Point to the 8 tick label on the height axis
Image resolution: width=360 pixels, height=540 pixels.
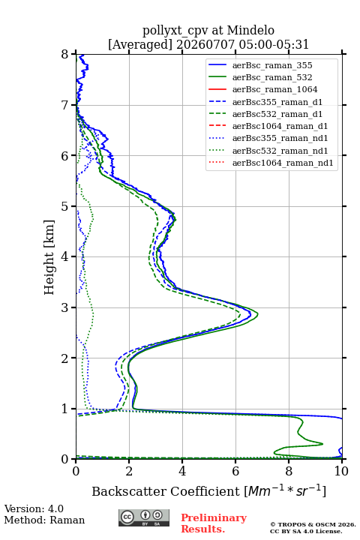[x=64, y=54]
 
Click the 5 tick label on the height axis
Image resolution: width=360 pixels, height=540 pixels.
[x=64, y=206]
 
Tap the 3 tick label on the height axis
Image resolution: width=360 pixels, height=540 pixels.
[x=64, y=307]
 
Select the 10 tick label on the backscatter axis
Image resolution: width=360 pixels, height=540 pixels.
[x=341, y=471]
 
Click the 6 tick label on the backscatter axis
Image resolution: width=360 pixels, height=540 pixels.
[x=235, y=471]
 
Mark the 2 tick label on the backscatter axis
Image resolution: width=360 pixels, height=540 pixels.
[x=129, y=471]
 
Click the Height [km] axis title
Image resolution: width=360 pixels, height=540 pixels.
[x=49, y=257]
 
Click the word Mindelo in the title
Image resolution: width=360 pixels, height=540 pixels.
[x=250, y=30]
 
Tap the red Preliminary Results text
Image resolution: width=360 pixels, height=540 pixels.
[x=214, y=523]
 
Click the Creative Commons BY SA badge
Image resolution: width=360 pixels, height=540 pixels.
[x=144, y=517]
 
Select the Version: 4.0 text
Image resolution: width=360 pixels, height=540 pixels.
[x=34, y=509]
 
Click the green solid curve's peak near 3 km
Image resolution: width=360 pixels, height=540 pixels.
[x=257, y=313]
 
